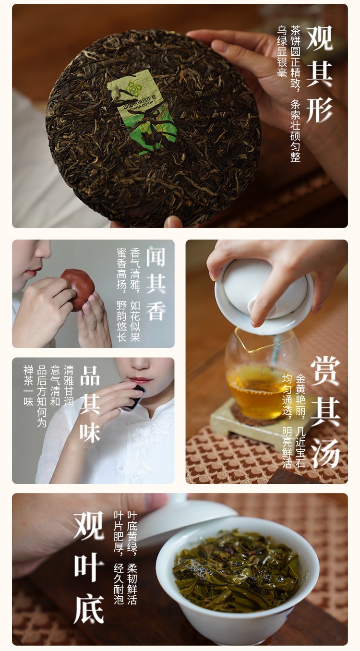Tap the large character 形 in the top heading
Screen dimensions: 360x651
tap(319, 109)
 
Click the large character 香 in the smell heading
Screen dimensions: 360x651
tap(156, 311)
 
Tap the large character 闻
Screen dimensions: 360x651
tap(156, 257)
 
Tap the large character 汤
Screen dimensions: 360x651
tap(325, 453)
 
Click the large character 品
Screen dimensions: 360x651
tap(90, 375)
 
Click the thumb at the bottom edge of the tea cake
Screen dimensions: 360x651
tap(173, 222)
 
